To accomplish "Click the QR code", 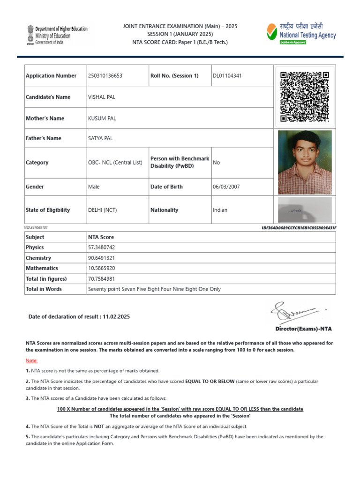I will (x=304, y=97).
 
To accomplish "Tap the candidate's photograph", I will (x=305, y=162).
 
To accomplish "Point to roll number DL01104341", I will (x=227, y=76).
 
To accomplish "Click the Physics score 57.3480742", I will (x=101, y=247).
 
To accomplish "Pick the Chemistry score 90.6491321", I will (x=101, y=258).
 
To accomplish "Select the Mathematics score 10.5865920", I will (x=101, y=268).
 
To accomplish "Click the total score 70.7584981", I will (x=101, y=278).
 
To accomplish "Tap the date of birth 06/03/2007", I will (x=226, y=187).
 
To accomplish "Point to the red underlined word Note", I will (x=31, y=360).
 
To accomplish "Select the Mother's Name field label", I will (x=45, y=119).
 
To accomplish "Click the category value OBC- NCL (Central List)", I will (x=115, y=163).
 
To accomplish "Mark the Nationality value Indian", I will (x=220, y=210).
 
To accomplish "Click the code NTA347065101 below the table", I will (x=36, y=227).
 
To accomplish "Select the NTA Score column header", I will (x=101, y=237).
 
